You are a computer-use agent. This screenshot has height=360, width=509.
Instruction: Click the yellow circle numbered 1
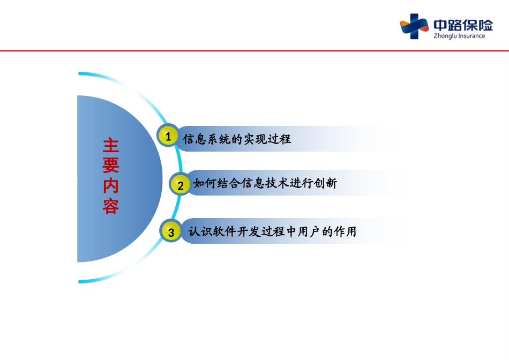click(168, 136)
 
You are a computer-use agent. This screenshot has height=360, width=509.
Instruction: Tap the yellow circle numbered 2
click(180, 185)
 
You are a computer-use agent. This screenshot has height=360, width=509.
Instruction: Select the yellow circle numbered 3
click(171, 231)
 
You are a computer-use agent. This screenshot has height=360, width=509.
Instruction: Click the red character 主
click(111, 145)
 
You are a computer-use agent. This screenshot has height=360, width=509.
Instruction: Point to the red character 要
click(111, 165)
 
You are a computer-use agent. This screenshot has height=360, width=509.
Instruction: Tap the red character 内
click(111, 186)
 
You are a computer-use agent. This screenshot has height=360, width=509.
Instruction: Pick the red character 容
click(111, 206)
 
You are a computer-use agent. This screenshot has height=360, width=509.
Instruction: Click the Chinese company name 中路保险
click(463, 25)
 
